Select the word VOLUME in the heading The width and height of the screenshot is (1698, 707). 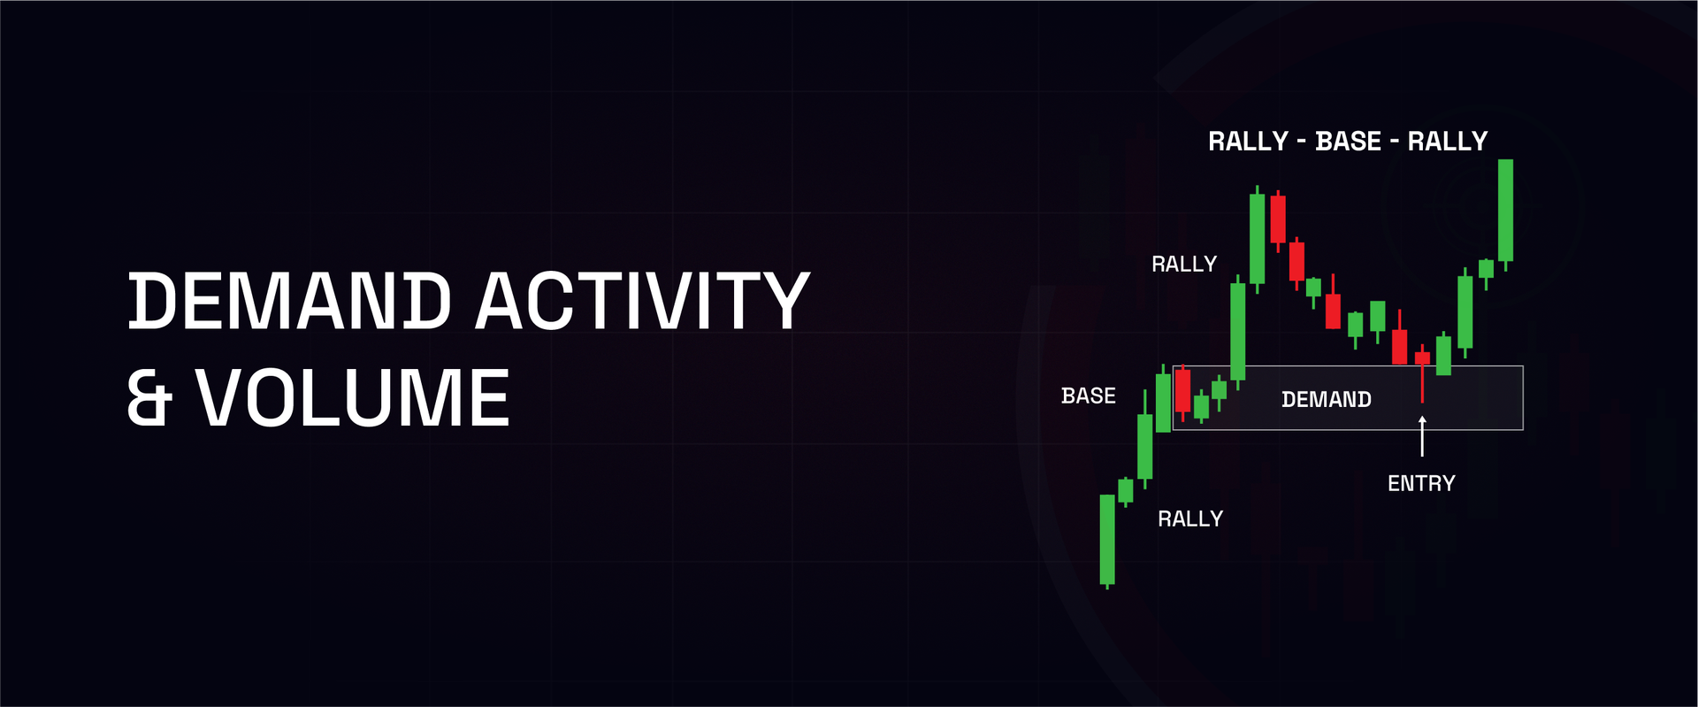click(x=352, y=398)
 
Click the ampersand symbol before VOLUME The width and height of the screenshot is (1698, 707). click(x=149, y=398)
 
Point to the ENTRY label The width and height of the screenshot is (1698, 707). click(x=1420, y=483)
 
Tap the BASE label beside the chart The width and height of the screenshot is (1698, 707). click(x=1088, y=396)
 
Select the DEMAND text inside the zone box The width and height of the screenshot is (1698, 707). click(x=1326, y=399)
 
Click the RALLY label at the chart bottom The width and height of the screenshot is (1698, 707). click(x=1189, y=519)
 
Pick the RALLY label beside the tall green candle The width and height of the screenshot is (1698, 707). click(x=1183, y=264)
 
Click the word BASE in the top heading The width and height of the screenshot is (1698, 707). click(x=1348, y=141)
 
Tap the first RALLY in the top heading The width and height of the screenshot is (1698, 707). click(x=1248, y=141)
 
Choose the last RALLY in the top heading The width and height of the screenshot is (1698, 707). click(x=1448, y=141)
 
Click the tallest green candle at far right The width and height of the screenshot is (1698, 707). click(x=1505, y=210)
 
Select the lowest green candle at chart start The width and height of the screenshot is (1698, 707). click(x=1107, y=539)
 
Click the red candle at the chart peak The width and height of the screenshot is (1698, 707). click(x=1278, y=219)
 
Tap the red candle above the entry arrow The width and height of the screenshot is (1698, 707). click(x=1422, y=358)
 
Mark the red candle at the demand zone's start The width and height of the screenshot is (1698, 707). click(x=1182, y=390)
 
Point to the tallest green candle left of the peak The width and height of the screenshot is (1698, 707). click(x=1257, y=238)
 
